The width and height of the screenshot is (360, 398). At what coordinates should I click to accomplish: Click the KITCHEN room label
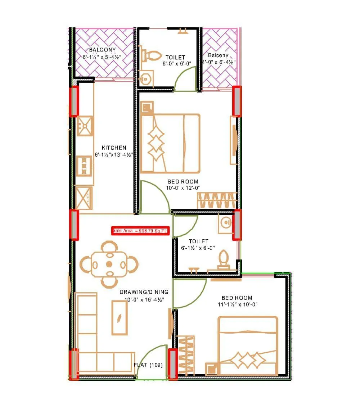click(x=114, y=148)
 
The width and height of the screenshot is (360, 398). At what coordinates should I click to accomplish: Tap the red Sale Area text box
click(x=140, y=231)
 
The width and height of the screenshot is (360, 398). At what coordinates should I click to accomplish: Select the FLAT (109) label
click(x=148, y=365)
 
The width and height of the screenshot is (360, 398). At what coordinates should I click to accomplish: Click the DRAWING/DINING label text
click(x=144, y=292)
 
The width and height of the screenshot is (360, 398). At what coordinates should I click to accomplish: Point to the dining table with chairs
click(x=109, y=264)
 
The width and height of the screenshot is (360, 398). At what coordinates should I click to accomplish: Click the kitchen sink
click(x=85, y=126)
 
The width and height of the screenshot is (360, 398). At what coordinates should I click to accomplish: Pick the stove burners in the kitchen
click(x=85, y=165)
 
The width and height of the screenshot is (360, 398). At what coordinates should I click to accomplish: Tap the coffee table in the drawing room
click(x=119, y=318)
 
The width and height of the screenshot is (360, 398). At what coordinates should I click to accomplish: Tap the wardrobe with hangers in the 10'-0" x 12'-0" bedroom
click(x=217, y=200)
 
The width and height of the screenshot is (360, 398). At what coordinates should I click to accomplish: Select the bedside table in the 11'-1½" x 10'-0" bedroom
click(x=212, y=369)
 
